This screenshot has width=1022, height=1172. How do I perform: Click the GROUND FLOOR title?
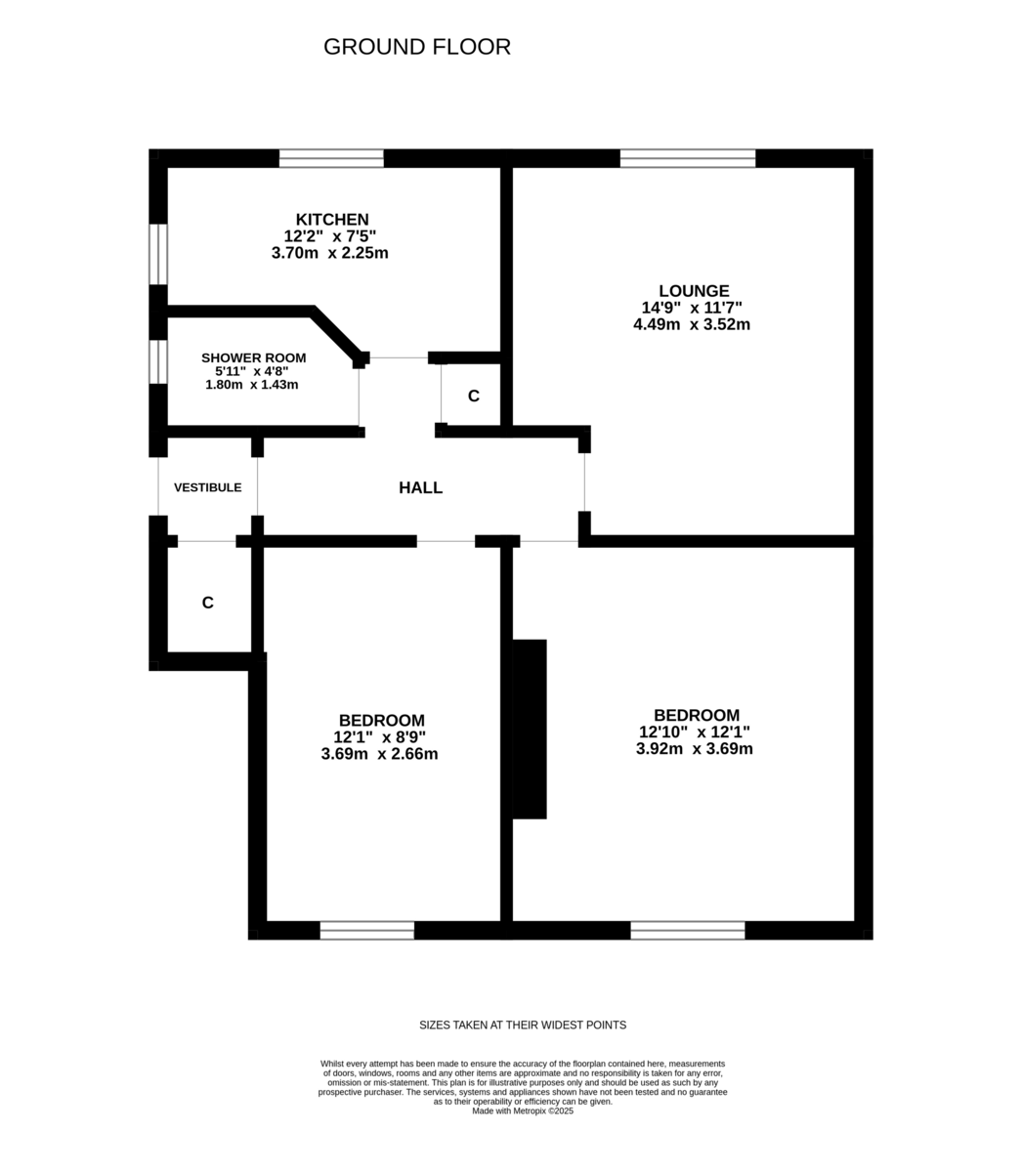click(x=416, y=47)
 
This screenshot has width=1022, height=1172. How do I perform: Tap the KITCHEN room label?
click(x=332, y=220)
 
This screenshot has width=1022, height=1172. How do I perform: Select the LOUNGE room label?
click(x=693, y=291)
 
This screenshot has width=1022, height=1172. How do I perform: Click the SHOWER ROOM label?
click(x=253, y=358)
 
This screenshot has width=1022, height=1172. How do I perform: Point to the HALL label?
click(x=420, y=488)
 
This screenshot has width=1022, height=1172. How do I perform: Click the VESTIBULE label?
click(x=207, y=487)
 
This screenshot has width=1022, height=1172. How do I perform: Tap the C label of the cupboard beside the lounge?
click(x=474, y=396)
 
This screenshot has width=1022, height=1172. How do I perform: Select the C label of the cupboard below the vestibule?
click(x=207, y=604)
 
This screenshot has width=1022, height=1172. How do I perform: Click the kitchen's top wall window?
click(x=331, y=158)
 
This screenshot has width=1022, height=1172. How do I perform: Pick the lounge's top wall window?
click(x=688, y=158)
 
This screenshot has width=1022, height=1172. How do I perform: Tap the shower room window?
click(x=157, y=360)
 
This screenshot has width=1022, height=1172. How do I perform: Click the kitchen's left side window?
click(x=157, y=254)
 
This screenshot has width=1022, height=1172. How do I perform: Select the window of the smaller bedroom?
click(x=366, y=930)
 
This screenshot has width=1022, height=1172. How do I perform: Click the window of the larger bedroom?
click(x=688, y=930)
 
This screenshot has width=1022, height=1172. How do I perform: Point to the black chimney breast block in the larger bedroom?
click(x=530, y=729)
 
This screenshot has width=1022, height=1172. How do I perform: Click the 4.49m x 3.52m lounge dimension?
click(x=692, y=324)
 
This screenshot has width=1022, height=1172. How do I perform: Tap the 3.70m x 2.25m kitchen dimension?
click(x=330, y=253)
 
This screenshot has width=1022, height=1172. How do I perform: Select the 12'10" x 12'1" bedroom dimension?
click(x=695, y=732)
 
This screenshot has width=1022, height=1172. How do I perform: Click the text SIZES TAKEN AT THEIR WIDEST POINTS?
click(x=523, y=1025)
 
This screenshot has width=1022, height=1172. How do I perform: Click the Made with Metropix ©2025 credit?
click(x=523, y=1110)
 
